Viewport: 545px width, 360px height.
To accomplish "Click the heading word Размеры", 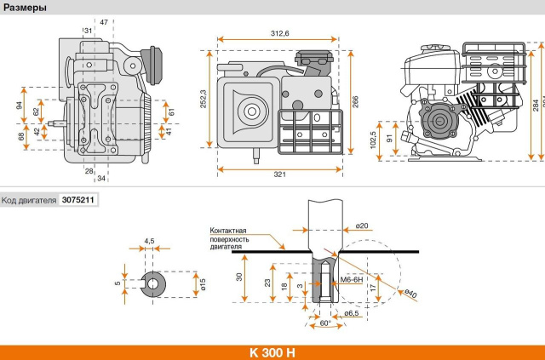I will [x=25, y=8].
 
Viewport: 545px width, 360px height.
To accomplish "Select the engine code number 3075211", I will [x=77, y=201].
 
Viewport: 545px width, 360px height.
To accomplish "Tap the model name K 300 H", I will [x=272, y=351].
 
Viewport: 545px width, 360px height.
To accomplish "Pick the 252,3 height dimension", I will [x=203, y=104].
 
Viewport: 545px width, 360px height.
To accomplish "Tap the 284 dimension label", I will [x=535, y=105].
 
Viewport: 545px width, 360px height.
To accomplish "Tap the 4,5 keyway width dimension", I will [x=150, y=241].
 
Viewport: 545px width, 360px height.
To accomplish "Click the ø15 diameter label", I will [x=204, y=283].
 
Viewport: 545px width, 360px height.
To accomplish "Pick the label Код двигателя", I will [x=29, y=201].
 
